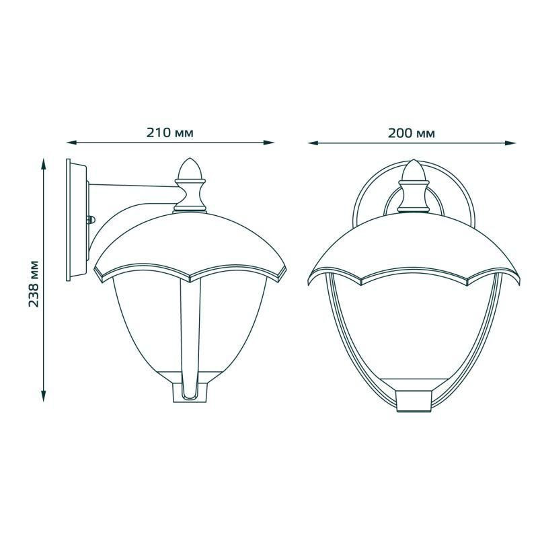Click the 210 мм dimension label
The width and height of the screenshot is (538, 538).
(x=170, y=132)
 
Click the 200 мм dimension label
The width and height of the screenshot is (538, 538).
(x=412, y=133)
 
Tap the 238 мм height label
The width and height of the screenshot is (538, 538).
(x=33, y=284)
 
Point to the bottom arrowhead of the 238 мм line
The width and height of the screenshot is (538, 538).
(x=43, y=396)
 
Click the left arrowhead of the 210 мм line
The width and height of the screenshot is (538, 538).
(x=71, y=143)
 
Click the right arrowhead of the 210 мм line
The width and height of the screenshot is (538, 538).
(x=269, y=143)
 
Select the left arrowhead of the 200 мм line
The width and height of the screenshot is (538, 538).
(x=313, y=143)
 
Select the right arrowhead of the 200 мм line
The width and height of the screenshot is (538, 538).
(x=510, y=143)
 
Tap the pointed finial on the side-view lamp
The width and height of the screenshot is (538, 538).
(x=190, y=169)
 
